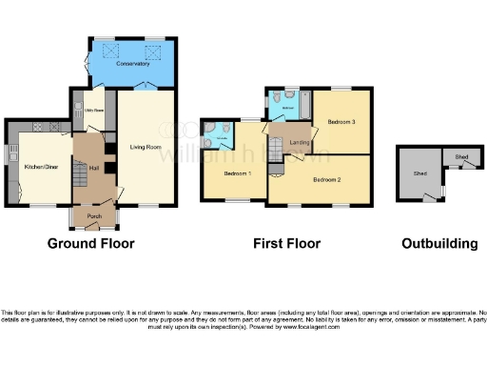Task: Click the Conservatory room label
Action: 133,64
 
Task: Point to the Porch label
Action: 94,216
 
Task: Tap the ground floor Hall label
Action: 94,165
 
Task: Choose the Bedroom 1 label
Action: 237,173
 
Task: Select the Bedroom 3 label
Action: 341,122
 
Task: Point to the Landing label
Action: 299,143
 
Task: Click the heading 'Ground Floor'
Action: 91,244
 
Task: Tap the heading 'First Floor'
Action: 286,244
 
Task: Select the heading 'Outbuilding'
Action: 439,244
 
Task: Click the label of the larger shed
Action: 419,175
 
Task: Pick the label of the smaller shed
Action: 461,157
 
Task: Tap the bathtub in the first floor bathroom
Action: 304,102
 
